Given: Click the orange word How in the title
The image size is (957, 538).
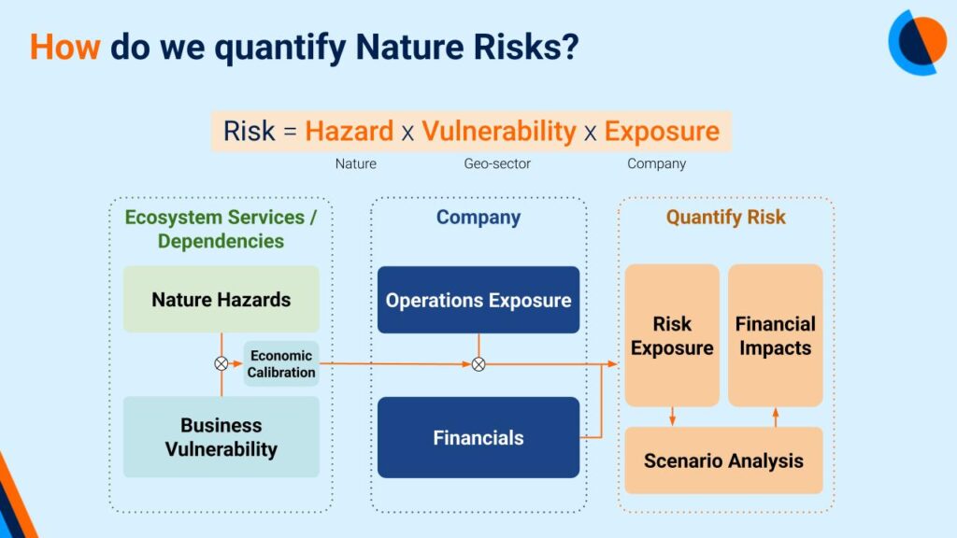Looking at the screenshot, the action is [x=64, y=47].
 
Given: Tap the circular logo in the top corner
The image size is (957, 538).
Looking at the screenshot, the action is [x=917, y=42].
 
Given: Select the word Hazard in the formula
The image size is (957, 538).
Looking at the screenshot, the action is [x=350, y=131].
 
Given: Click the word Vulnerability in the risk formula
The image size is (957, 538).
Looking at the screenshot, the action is [x=499, y=131].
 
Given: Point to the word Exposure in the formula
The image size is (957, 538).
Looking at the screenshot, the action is [x=663, y=131].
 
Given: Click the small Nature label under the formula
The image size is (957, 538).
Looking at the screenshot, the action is [x=356, y=163].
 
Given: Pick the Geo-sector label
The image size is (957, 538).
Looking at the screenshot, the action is [x=497, y=163].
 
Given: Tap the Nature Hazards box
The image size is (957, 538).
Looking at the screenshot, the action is [x=221, y=299].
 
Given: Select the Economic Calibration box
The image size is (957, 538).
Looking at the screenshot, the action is [x=280, y=363].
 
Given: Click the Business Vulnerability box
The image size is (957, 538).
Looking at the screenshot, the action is [x=221, y=437].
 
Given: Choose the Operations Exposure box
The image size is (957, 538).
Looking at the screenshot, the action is [x=478, y=300].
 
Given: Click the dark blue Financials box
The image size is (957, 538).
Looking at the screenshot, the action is [x=478, y=437].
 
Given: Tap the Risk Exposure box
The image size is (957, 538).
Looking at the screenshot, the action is [x=672, y=335].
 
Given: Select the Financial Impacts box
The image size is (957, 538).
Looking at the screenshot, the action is [x=775, y=335].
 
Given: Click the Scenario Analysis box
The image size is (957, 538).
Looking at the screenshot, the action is [x=723, y=460].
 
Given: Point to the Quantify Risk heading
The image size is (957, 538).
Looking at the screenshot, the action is [x=725, y=217].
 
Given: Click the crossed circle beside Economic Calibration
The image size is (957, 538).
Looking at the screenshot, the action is [x=221, y=364].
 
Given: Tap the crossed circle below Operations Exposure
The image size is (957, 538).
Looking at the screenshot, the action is [x=478, y=364].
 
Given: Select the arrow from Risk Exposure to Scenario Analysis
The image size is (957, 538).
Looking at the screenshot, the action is [x=672, y=417].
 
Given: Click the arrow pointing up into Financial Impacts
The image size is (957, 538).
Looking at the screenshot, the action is [x=775, y=418].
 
